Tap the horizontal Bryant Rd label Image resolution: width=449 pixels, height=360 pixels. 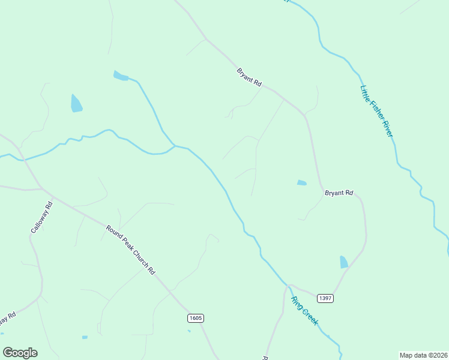pyautogui.click(x=339, y=193)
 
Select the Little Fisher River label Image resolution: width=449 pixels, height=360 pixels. pyautogui.click(x=376, y=111)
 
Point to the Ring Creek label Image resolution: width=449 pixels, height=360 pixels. pyautogui.click(x=305, y=311)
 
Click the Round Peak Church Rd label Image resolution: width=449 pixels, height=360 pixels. pyautogui.click(x=130, y=249)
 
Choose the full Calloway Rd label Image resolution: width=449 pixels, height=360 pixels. pyautogui.click(x=42, y=217)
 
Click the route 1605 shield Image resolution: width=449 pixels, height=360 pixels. pyautogui.click(x=195, y=317)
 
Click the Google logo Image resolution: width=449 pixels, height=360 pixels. pyautogui.click(x=20, y=353)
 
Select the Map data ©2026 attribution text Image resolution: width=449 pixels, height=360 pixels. pyautogui.click(x=423, y=355)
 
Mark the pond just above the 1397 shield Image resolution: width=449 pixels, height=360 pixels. pyautogui.click(x=344, y=262)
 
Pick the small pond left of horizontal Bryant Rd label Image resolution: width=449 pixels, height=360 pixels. pyautogui.click(x=301, y=183)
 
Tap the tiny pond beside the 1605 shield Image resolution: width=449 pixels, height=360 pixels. pyautogui.click(x=189, y=331)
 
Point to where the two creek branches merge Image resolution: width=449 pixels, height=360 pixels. pyautogui.click(x=174, y=146)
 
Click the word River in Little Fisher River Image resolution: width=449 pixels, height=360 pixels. pyautogui.click(x=384, y=127)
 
